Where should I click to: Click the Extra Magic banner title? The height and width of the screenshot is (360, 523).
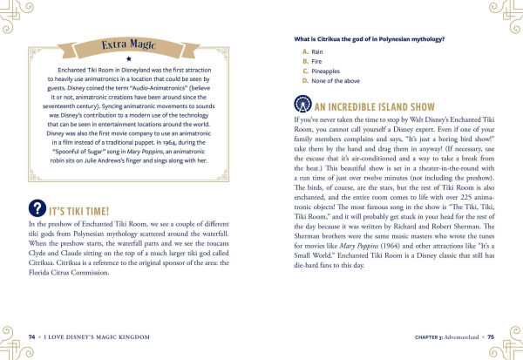tap(128, 44)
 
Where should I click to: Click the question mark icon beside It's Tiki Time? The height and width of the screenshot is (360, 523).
tap(37, 209)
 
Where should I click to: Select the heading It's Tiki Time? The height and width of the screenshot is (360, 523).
tap(84, 210)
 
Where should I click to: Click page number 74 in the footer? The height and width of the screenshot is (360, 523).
tap(32, 336)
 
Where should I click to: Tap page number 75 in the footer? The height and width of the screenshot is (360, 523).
tap(491, 336)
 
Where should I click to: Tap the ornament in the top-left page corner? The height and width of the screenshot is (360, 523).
tap(18, 15)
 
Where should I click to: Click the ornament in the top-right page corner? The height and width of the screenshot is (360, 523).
tap(505, 15)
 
